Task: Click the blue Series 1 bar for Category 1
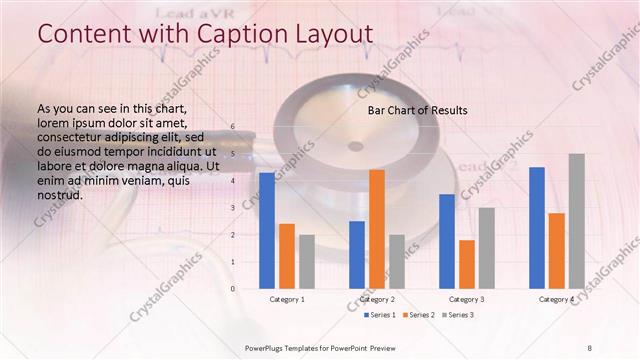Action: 267,230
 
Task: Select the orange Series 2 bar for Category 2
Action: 377,229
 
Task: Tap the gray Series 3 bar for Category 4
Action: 577,221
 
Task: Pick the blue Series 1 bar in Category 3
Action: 447,241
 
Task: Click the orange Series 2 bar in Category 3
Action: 467,264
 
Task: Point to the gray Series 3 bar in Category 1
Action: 307,261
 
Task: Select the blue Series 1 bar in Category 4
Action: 537,227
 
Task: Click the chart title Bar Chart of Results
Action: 418,109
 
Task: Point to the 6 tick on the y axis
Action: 232,127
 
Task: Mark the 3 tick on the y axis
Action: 232,208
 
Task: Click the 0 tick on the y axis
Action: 232,288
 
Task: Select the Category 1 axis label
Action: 287,299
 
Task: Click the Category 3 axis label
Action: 467,299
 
